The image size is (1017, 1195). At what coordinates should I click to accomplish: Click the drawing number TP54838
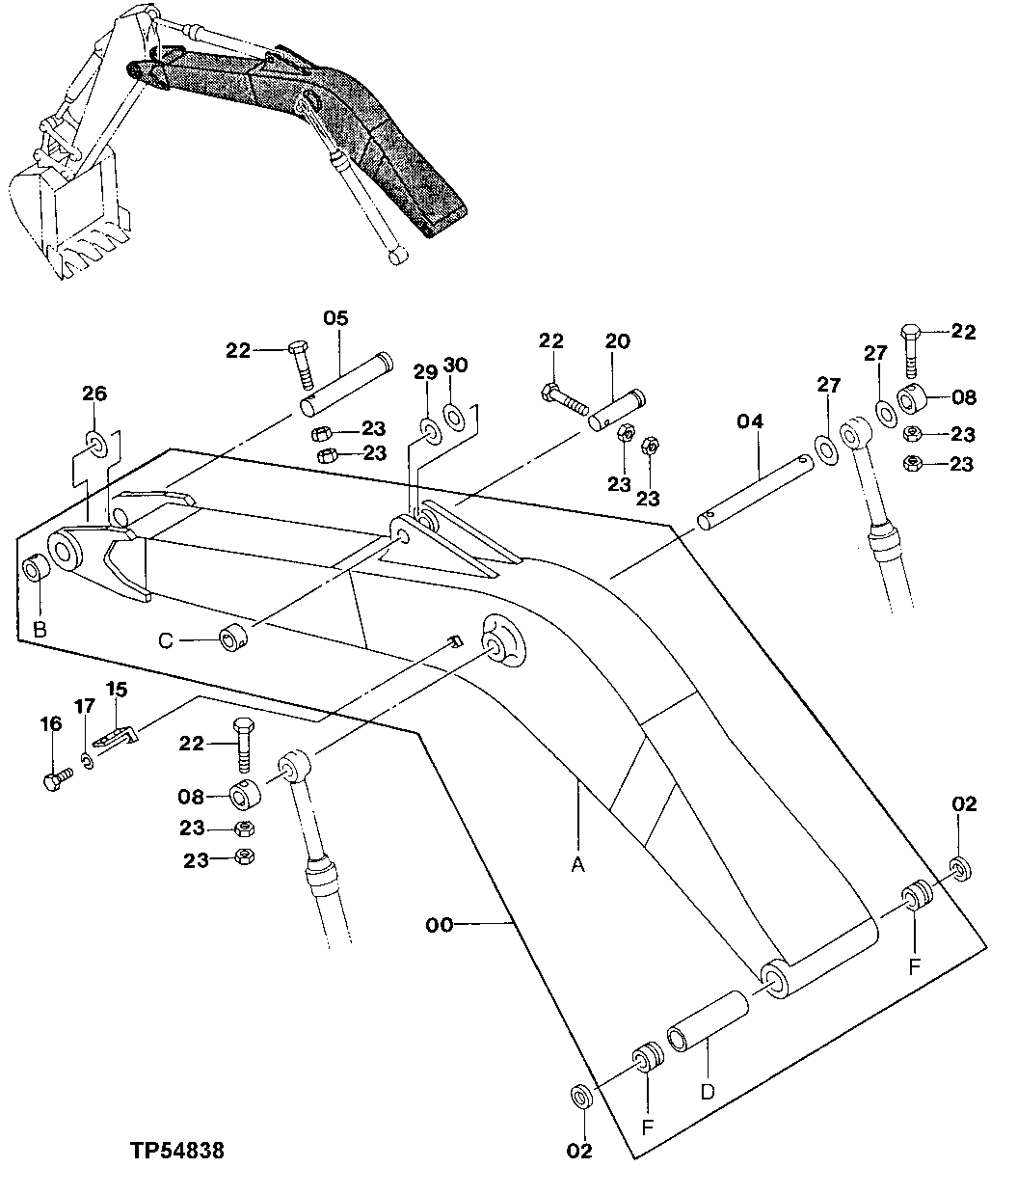[178, 1151]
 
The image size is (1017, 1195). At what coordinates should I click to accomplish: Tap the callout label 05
[335, 317]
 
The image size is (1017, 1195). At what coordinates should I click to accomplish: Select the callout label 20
[617, 340]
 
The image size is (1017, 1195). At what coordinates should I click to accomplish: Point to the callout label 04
[751, 421]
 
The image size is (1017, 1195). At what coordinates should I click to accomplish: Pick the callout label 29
[425, 371]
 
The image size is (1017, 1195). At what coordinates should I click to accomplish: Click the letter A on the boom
[577, 866]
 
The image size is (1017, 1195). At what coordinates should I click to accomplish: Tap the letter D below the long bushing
[707, 1092]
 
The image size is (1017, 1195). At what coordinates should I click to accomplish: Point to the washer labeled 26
[95, 445]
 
